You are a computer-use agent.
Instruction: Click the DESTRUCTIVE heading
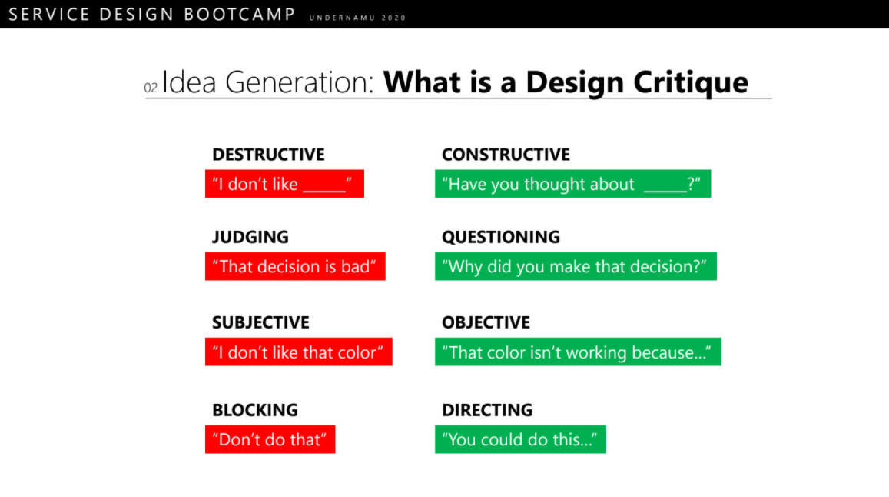pyautogui.click(x=268, y=155)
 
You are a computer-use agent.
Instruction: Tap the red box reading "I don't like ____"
pyautogui.click(x=284, y=184)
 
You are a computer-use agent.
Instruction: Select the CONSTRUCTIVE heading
pyautogui.click(x=506, y=155)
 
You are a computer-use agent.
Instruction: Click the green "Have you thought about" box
pyautogui.click(x=572, y=184)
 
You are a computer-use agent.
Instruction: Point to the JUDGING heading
pyautogui.click(x=250, y=237)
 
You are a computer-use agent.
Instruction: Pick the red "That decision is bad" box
pyautogui.click(x=295, y=266)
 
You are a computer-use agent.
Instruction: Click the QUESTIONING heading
pyautogui.click(x=501, y=237)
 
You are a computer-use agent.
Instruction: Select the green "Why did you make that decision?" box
pyautogui.click(x=576, y=266)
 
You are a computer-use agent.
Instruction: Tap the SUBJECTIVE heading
pyautogui.click(x=260, y=322)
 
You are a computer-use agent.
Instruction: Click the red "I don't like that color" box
pyautogui.click(x=299, y=352)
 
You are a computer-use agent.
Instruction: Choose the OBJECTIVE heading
pyautogui.click(x=486, y=322)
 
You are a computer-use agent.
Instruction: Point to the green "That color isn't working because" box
pyautogui.click(x=578, y=352)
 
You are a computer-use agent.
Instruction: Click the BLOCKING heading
pyautogui.click(x=255, y=410)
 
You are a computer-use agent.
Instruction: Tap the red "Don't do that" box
pyautogui.click(x=270, y=439)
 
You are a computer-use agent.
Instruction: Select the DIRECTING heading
pyautogui.click(x=487, y=410)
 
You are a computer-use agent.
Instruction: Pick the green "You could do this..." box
pyautogui.click(x=520, y=439)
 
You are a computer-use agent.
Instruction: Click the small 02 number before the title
pyautogui.click(x=151, y=88)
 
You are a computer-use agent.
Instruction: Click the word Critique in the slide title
pyautogui.click(x=691, y=83)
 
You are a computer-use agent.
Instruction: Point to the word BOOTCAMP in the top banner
pyautogui.click(x=239, y=14)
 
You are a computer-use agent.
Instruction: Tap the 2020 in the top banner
pyautogui.click(x=393, y=18)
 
